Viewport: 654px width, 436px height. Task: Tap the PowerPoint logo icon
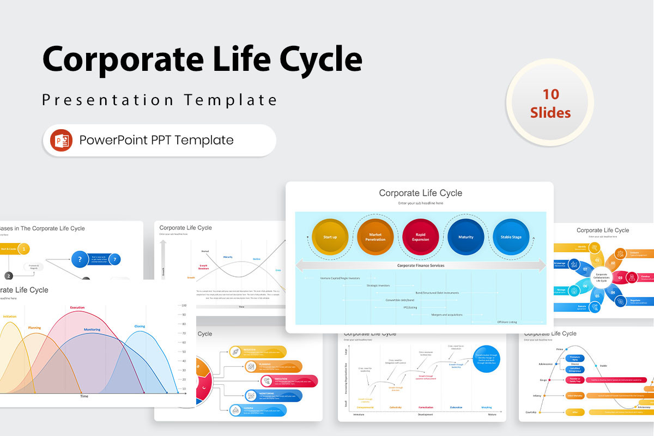pos(61,140)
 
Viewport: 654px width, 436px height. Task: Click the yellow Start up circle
pos(330,237)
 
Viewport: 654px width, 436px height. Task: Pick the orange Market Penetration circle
pos(375,237)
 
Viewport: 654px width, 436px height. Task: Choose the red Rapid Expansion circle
pos(420,237)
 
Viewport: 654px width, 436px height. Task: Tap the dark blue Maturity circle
pos(465,237)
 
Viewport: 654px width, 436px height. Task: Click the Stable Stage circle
pos(511,237)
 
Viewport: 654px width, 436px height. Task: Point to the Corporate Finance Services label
pos(420,265)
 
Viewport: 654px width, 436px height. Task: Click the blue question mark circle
pos(80,259)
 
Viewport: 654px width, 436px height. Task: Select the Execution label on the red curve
pos(77,307)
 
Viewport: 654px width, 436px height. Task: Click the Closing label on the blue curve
pos(140,326)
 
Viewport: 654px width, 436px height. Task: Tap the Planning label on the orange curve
pos(34,313)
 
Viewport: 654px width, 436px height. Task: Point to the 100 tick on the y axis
pos(184,305)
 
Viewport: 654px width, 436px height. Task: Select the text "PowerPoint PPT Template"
pos(156,140)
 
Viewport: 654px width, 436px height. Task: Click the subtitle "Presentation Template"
pos(160,100)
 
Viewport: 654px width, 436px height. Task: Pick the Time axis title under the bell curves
pos(84,396)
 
